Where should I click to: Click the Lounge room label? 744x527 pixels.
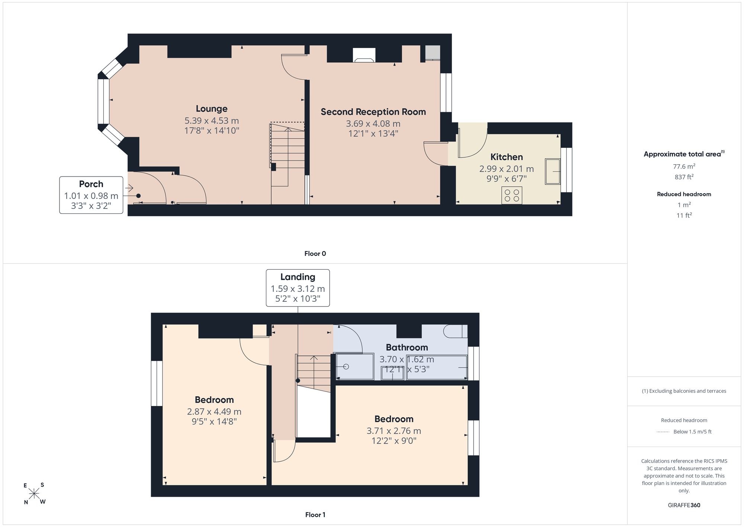coord(212,109)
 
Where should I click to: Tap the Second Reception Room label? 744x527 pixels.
coord(373,112)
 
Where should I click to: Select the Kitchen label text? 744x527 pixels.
coord(506,157)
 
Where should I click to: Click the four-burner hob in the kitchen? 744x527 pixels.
coord(511,196)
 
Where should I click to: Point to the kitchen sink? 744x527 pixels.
coord(553,171)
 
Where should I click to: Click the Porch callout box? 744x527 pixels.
coord(91,195)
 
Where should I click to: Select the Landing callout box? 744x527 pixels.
coord(298,288)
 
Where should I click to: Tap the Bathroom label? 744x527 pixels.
coord(407,347)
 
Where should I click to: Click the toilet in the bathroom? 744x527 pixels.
coord(456,331)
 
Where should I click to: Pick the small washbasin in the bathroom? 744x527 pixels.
coord(392,373)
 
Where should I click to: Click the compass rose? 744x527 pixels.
coord(34,494)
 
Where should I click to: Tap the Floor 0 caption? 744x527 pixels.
coord(315,254)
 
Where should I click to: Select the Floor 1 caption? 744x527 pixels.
coord(315,515)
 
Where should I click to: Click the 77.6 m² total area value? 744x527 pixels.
coord(684,166)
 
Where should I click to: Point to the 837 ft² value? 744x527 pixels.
coord(684,177)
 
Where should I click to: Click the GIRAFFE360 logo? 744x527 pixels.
coord(684,505)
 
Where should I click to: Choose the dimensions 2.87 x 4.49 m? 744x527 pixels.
coord(214,412)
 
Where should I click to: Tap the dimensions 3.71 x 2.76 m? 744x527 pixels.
coord(394,431)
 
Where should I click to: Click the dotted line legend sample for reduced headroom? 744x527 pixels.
coord(663,432)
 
